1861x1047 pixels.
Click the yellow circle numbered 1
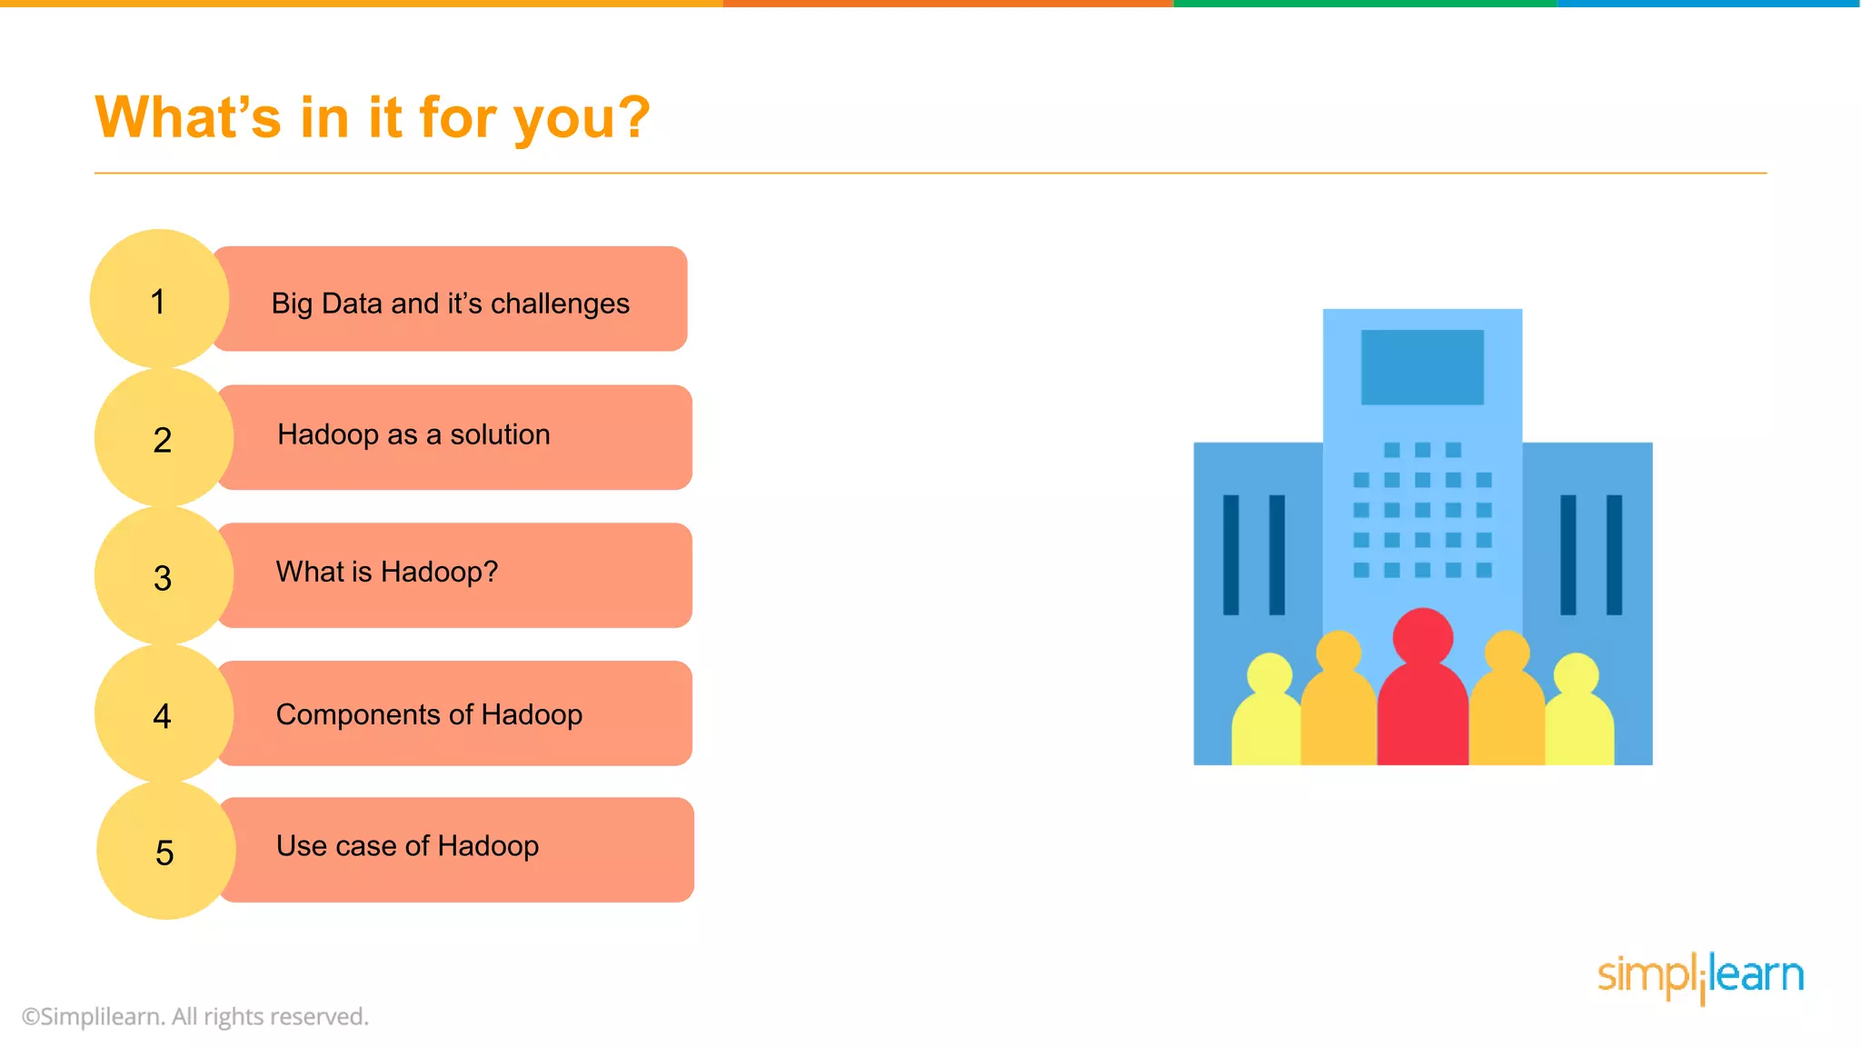click(x=159, y=299)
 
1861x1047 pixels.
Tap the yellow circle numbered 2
click(x=163, y=438)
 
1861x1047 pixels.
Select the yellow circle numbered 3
click(x=163, y=576)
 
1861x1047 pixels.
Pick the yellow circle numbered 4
click(x=163, y=714)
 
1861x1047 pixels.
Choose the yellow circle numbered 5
click(x=164, y=852)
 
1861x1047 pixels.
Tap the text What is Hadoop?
click(x=387, y=572)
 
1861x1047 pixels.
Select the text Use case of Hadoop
click(x=407, y=846)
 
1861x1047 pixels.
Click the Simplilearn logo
click(x=1700, y=977)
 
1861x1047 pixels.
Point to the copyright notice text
click(x=195, y=1016)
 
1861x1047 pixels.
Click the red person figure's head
click(x=1422, y=636)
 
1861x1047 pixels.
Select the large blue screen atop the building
click(x=1422, y=367)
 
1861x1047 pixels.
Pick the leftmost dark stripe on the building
click(x=1231, y=554)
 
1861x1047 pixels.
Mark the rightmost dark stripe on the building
click(x=1614, y=554)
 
